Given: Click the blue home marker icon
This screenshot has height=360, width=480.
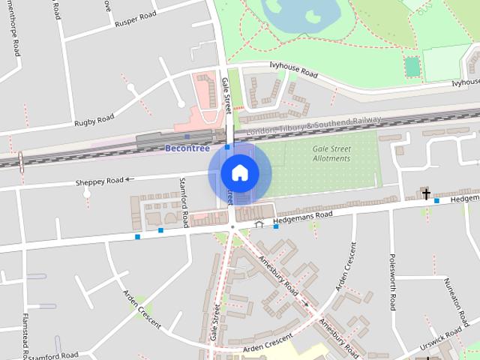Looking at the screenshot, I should point(239,172).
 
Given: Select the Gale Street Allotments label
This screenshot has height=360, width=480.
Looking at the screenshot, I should point(331,154).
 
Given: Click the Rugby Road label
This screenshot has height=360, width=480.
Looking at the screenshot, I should point(94,120).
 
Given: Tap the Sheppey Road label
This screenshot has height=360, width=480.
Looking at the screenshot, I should point(98,181).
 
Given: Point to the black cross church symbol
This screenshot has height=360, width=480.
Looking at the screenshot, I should point(426,195).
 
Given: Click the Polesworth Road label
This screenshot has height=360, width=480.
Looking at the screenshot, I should point(392,281).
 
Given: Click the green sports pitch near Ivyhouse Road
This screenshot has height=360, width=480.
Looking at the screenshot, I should point(412,67).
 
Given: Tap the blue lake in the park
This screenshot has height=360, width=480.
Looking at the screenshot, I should point(298,10).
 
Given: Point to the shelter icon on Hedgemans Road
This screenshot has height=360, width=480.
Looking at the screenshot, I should point(259,223).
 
